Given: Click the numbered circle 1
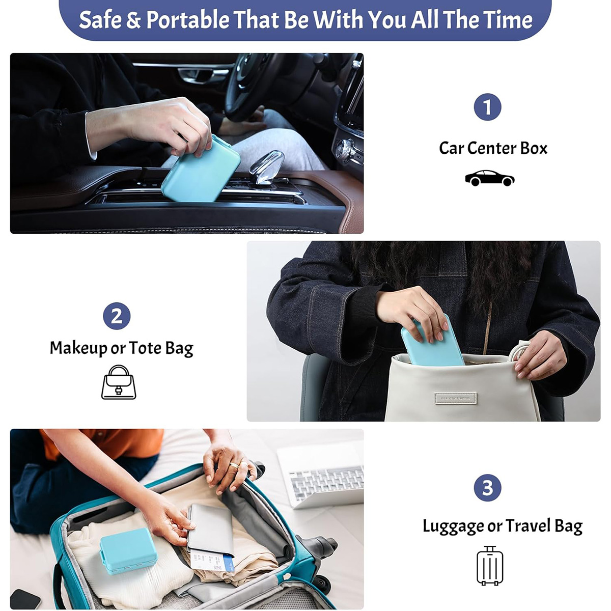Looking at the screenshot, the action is coord(487,107).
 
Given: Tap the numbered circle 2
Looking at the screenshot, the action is coord(117,316).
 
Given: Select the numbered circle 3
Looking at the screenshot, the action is coord(487,488).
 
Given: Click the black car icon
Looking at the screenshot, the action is coord(489,178).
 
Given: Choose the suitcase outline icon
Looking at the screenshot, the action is coord(490,566).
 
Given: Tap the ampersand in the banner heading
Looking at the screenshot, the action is coord(133,20).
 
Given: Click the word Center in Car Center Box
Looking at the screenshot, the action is coord(493,148).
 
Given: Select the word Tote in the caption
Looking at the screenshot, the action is coord(145,348).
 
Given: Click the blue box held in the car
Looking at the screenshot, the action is coord(201,170).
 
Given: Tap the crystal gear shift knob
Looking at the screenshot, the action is coord(266,166).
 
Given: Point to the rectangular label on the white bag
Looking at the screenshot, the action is coord(455,398).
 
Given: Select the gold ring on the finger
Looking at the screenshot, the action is coord(234,465).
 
